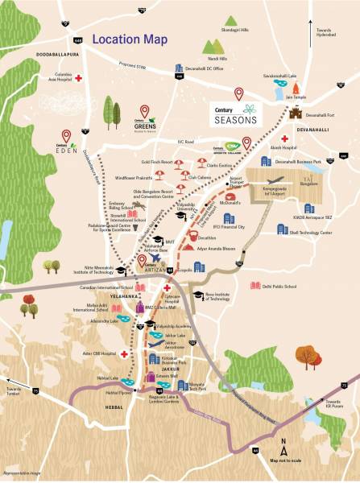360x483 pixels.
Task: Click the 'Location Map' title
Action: point(137,38)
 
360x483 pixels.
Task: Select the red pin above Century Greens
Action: point(145,111)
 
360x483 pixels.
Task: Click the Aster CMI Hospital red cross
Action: point(125,353)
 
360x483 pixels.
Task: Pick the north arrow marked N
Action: point(283,443)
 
